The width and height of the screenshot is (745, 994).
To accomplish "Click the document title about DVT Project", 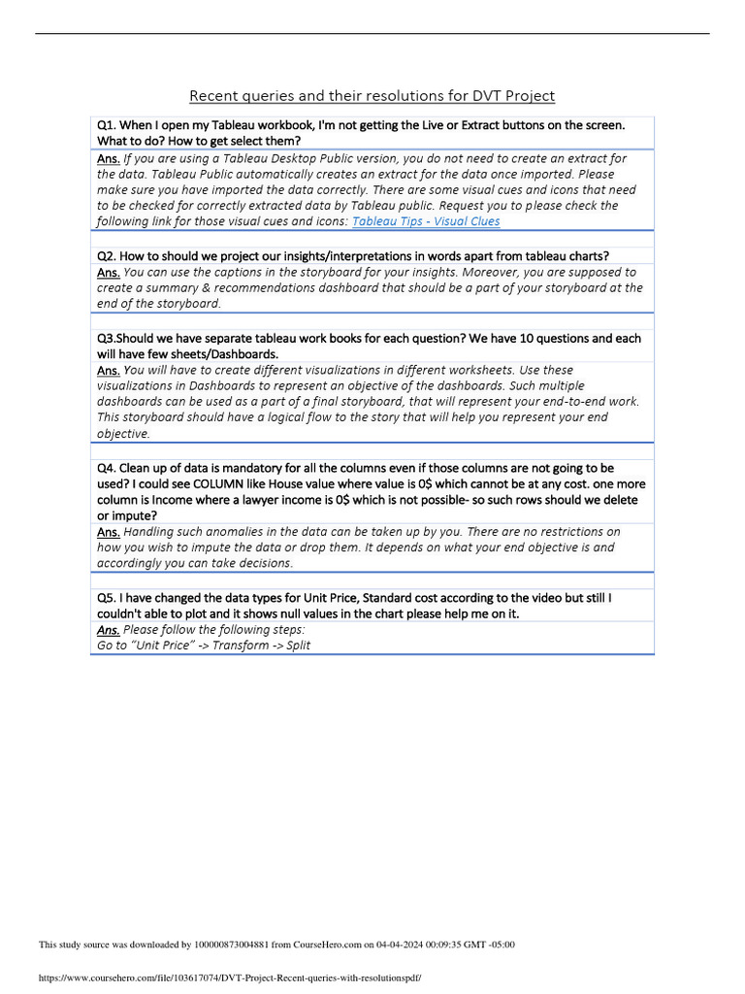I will tap(372, 95).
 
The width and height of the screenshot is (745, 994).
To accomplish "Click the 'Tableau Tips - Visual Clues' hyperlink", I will tap(426, 221).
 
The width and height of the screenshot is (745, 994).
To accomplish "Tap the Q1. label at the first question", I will tap(106, 125).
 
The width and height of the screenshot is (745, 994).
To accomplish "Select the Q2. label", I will tap(106, 256).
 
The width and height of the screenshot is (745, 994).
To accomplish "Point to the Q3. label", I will tap(106, 339).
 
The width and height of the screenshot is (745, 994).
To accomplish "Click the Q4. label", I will tap(106, 468).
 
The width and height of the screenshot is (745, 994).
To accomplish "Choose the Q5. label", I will tap(106, 598).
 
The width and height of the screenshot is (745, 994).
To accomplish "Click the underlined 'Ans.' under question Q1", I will tap(109, 158).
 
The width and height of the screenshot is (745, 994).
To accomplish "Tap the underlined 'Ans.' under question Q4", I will tap(109, 532).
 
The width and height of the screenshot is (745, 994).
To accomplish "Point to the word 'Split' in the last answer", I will tap(297, 646).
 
